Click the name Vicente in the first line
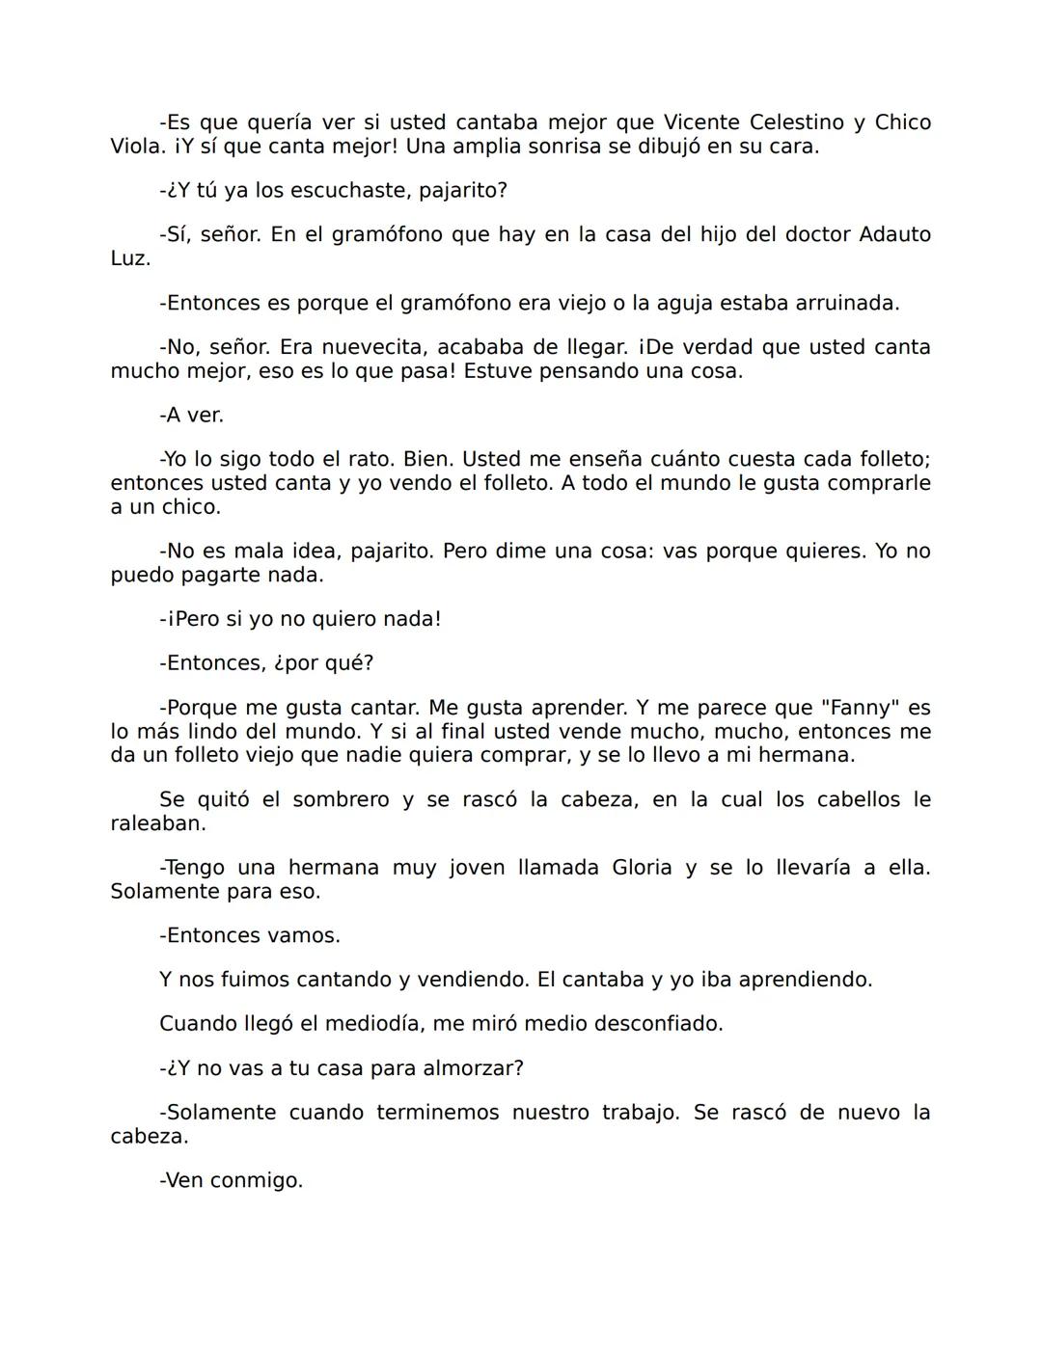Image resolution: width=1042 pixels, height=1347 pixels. [701, 122]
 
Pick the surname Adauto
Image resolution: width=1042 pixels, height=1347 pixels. [894, 234]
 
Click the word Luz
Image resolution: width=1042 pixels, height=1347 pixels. [130, 258]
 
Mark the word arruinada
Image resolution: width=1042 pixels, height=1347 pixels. [846, 303]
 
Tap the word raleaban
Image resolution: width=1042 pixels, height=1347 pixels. [157, 823]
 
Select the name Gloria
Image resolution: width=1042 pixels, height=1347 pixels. [642, 867]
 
